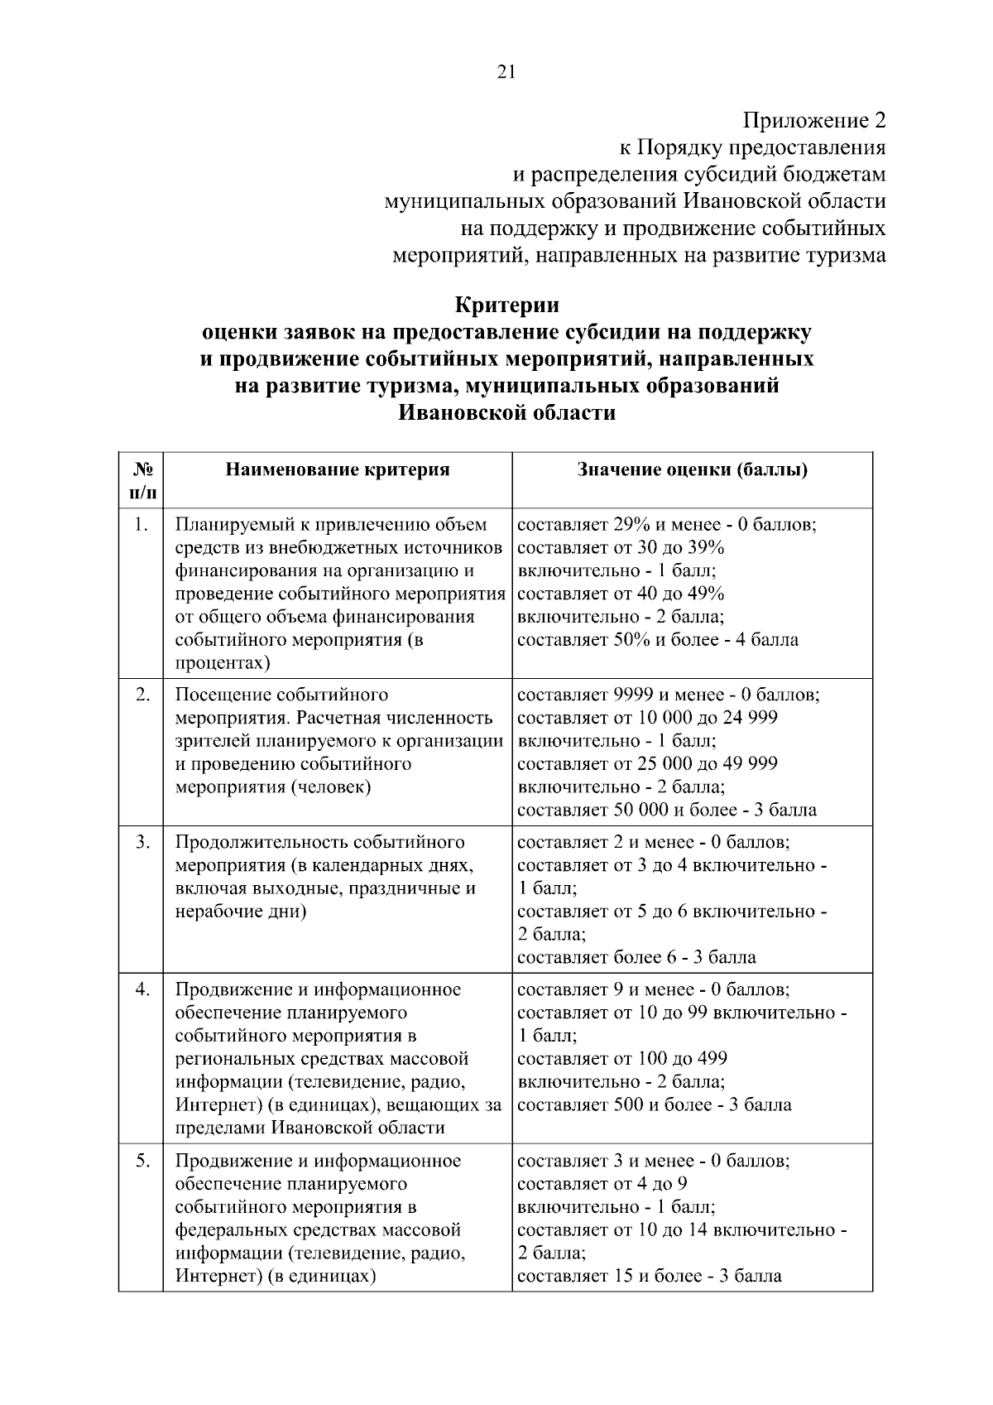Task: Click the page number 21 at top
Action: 506,72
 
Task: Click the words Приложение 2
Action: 814,121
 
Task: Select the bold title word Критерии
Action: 507,306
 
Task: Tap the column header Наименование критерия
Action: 338,469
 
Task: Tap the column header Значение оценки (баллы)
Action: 692,469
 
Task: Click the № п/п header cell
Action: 141,480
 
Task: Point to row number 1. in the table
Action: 142,525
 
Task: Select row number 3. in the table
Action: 142,842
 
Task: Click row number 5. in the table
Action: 142,1161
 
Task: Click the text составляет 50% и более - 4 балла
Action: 658,640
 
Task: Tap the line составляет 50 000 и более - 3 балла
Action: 667,810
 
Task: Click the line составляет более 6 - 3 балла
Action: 636,958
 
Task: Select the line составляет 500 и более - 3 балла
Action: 654,1105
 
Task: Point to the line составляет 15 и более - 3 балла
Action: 649,1276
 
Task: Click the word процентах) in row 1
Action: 223,663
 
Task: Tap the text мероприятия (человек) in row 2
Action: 272,787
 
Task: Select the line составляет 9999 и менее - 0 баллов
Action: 669,694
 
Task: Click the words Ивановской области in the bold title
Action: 507,412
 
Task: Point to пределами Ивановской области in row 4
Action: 309,1128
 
